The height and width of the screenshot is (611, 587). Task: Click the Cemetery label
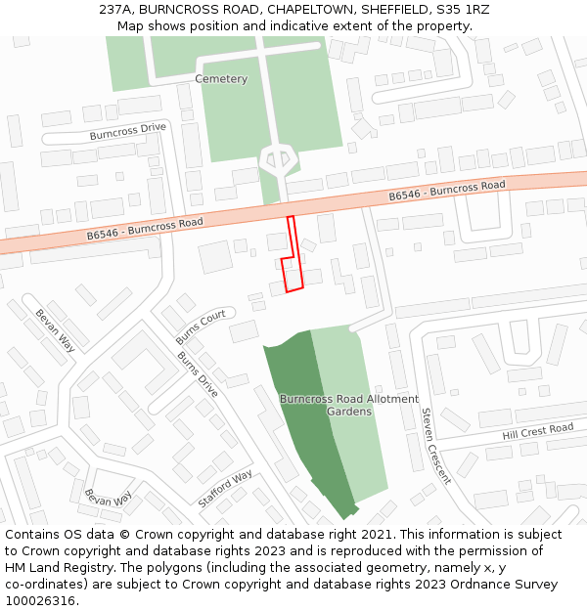tap(221, 79)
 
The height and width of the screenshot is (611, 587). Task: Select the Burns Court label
tap(201, 327)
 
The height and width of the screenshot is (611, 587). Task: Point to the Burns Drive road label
tap(198, 373)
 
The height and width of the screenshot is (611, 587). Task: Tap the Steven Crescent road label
tap(435, 446)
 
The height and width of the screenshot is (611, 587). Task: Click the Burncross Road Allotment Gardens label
tap(349, 406)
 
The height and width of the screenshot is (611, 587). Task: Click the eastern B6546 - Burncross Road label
tap(447, 191)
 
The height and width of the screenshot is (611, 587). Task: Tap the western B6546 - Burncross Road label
tap(145, 229)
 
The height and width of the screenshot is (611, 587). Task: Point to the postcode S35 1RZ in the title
tap(463, 9)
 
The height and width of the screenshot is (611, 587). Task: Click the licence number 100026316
tap(41, 601)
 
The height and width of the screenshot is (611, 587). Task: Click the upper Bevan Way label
tap(55, 330)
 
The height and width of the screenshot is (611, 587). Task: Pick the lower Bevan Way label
tap(108, 498)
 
